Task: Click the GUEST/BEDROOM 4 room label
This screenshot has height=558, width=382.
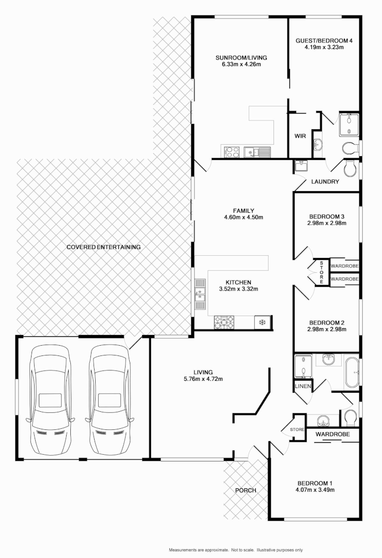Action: (x=324, y=40)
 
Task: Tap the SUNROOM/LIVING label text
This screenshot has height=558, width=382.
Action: (x=241, y=57)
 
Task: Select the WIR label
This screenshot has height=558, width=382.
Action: (x=300, y=136)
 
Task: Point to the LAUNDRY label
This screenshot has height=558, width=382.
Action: (x=325, y=182)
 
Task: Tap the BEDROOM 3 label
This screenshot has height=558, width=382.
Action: (x=326, y=216)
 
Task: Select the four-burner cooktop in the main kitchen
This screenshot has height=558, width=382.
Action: (x=224, y=322)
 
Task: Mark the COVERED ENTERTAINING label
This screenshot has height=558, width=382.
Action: (x=103, y=247)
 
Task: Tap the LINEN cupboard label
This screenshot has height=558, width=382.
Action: (x=302, y=386)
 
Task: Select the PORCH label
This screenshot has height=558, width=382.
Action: (x=246, y=490)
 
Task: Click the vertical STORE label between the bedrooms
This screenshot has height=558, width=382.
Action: (x=321, y=272)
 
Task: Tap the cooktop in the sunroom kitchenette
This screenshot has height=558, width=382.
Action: (x=231, y=152)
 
